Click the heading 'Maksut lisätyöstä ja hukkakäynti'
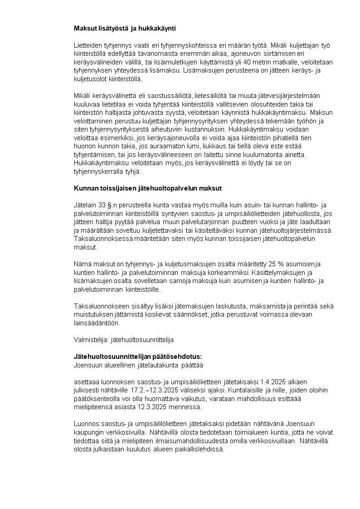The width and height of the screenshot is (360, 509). coord(125,28)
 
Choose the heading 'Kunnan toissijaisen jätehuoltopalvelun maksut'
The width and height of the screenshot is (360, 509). coord(147,188)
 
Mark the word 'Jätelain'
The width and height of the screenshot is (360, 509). coord(85,205)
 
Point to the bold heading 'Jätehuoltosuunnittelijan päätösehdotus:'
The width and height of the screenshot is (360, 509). coord(137,356)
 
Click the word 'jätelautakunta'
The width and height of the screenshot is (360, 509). coord(160,364)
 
